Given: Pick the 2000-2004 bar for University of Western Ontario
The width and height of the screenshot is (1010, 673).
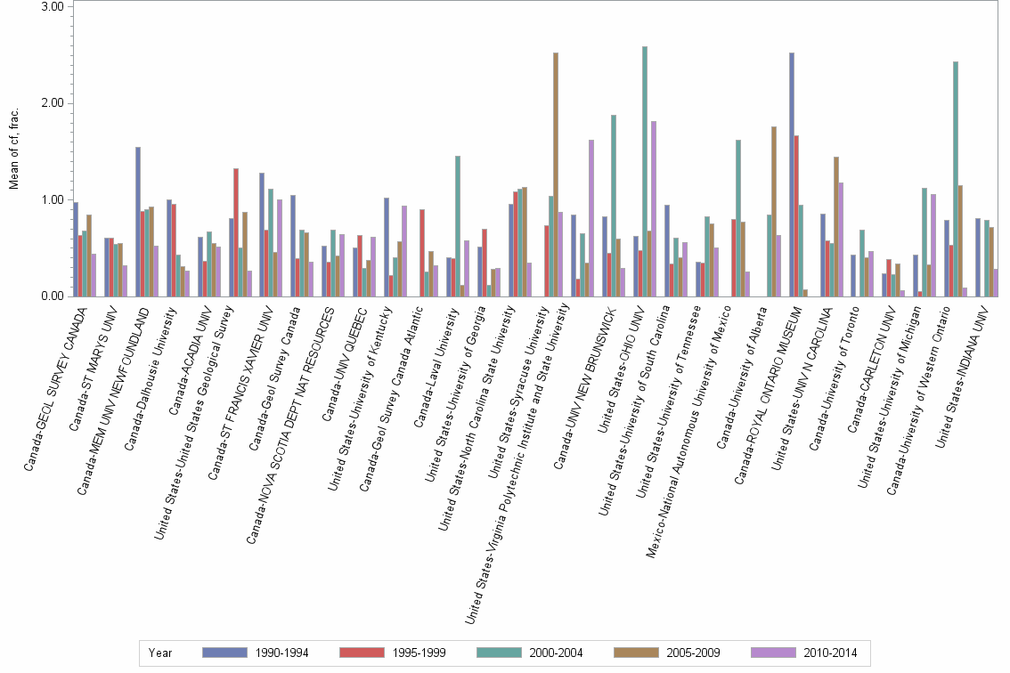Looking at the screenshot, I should point(956,179).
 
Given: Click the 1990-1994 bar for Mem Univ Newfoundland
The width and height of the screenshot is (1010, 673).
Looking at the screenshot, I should point(138,222).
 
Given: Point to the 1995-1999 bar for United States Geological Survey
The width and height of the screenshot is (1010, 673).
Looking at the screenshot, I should point(236,232).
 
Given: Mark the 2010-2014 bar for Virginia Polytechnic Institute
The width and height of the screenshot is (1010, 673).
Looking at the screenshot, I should point(591,218).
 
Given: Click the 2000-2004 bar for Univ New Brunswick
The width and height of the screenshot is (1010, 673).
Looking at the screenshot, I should point(614,206).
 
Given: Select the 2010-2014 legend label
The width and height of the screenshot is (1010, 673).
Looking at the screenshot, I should point(829,653).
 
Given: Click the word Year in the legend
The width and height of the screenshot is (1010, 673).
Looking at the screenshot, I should point(161,653).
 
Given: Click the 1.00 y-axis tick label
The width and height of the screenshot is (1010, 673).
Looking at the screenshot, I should point(53,199).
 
